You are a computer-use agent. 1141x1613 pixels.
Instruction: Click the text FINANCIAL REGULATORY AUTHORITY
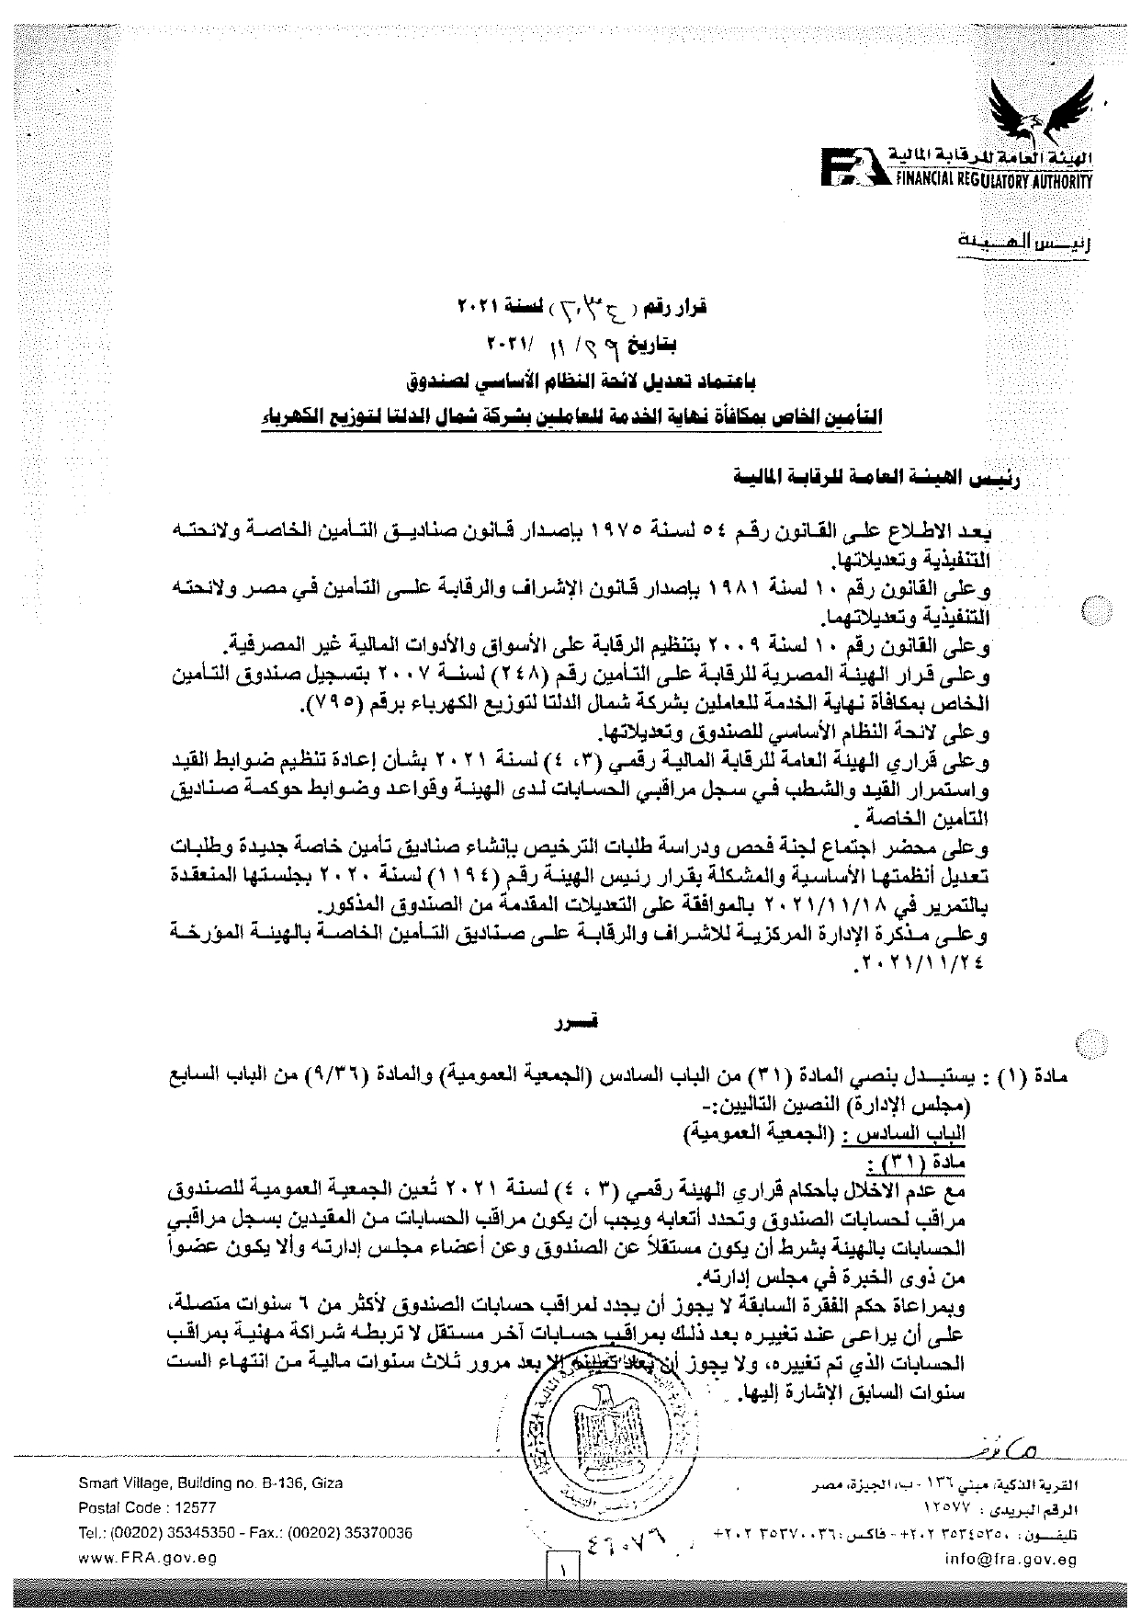(993, 181)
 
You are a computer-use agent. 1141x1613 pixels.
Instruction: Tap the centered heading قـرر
(570, 1022)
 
